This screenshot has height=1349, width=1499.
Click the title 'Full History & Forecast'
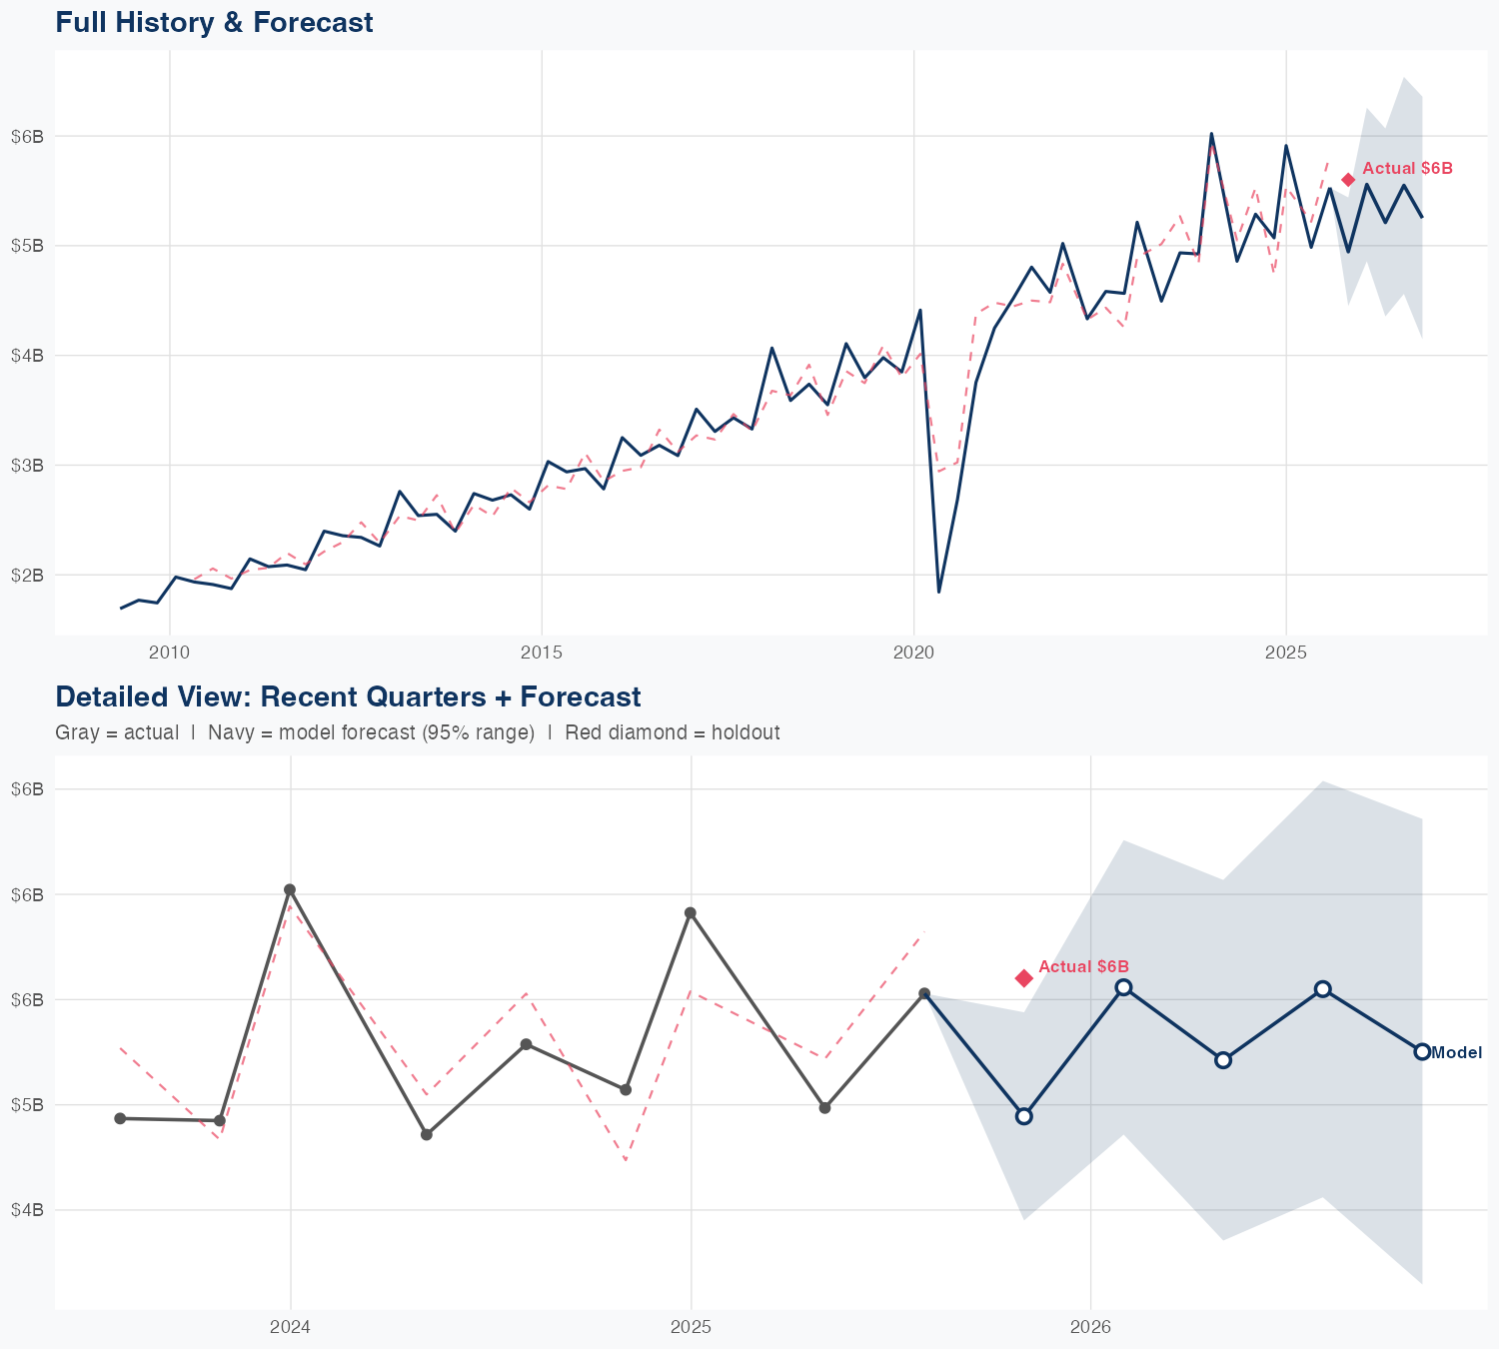[214, 23]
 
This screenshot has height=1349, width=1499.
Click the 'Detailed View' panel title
[348, 696]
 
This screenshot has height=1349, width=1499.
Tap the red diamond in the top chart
[1348, 180]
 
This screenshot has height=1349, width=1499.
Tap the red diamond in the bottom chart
[1024, 978]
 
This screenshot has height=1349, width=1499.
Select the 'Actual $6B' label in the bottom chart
[1083, 966]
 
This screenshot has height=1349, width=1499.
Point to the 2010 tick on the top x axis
[169, 654]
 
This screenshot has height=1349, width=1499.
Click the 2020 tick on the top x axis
[913, 654]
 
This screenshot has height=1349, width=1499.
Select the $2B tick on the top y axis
[28, 575]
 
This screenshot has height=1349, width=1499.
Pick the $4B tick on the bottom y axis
[28, 1210]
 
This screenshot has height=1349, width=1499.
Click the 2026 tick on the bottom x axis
[1090, 1328]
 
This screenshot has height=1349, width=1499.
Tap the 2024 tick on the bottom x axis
[291, 1328]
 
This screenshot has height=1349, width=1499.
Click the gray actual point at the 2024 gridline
[290, 889]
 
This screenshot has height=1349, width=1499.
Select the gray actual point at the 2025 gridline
[691, 912]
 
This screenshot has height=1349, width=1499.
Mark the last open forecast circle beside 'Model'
[1422, 1051]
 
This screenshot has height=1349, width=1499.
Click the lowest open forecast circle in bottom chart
[1024, 1116]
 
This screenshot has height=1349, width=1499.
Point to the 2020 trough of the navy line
[938, 592]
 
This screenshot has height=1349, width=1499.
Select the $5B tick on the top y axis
[28, 245]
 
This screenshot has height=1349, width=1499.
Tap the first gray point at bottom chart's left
[120, 1118]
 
